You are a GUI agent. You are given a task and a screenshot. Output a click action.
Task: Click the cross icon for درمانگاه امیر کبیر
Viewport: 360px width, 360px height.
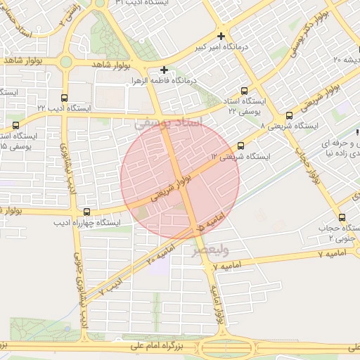pos(221,36)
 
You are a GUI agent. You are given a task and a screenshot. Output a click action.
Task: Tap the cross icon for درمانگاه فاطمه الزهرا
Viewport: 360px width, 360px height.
pos(164,70)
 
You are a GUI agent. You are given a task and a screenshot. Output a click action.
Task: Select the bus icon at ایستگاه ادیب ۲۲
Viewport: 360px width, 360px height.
pos(65,98)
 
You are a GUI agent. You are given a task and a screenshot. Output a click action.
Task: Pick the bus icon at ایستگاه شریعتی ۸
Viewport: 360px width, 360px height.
pos(289,116)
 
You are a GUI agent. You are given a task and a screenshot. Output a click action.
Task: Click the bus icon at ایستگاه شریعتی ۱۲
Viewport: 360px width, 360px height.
pos(241,146)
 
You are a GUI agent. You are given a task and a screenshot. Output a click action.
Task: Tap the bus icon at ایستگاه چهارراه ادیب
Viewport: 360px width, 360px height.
pos(87,212)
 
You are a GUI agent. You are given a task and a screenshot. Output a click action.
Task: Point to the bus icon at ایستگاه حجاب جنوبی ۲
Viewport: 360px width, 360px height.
pos(342,217)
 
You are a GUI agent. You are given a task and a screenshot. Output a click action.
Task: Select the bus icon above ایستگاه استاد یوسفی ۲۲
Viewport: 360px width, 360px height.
pos(244,90)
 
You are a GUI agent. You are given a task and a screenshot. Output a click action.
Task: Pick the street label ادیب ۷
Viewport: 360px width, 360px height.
pos(111,285)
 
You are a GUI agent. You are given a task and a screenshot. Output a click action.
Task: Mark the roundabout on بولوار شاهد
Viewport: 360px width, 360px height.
pos(65,62)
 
